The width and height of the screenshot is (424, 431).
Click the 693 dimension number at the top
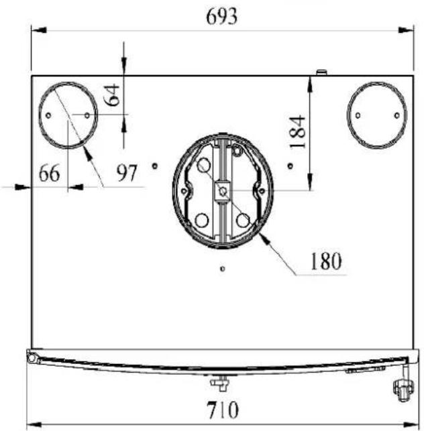[221, 16]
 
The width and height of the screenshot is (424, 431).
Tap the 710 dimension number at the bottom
[223, 410]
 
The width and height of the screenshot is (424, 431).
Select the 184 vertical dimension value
[298, 132]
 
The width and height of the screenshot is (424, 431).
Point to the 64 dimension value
[112, 95]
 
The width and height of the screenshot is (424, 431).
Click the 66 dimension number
[49, 173]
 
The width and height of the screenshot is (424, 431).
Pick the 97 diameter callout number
[127, 173]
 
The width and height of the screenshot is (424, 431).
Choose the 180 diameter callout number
[326, 261]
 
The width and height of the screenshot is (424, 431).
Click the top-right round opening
[348, 115]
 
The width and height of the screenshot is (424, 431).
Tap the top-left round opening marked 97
[39, 115]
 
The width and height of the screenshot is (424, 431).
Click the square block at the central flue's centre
[223, 191]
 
